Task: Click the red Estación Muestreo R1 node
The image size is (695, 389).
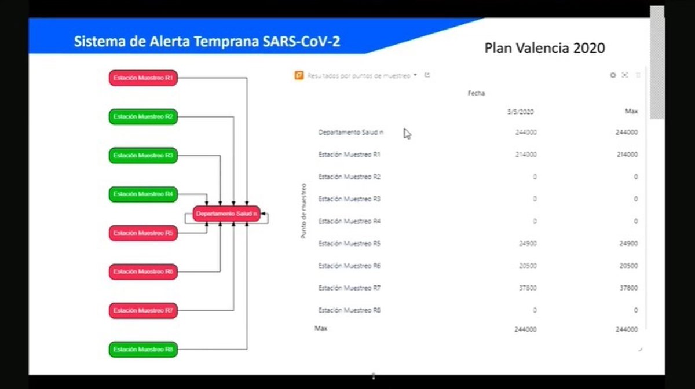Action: tap(143, 78)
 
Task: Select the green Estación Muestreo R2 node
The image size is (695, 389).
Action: tap(143, 116)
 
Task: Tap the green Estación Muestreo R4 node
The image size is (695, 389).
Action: tap(143, 195)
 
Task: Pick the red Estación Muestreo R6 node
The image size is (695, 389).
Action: tap(143, 271)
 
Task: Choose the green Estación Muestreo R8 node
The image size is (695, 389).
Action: tap(143, 350)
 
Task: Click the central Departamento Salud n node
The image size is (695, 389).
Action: tap(226, 214)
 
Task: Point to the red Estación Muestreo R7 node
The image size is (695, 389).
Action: tap(143, 311)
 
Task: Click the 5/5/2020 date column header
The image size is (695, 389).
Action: tap(520, 111)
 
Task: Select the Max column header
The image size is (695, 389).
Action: tap(631, 111)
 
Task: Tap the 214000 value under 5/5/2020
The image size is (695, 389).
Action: tap(525, 155)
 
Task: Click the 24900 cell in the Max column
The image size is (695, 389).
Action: tap(628, 244)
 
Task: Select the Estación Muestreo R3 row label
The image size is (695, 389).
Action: tap(349, 199)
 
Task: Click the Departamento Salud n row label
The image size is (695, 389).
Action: tap(350, 133)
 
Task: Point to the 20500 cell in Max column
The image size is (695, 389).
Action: tap(628, 266)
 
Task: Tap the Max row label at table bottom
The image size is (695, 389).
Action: tap(321, 328)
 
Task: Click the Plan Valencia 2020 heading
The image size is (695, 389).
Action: tap(544, 48)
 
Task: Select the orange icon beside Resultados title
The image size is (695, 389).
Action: tap(299, 75)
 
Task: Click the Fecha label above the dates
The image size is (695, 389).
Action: tap(476, 93)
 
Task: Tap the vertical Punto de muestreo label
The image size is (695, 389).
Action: tap(303, 211)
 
